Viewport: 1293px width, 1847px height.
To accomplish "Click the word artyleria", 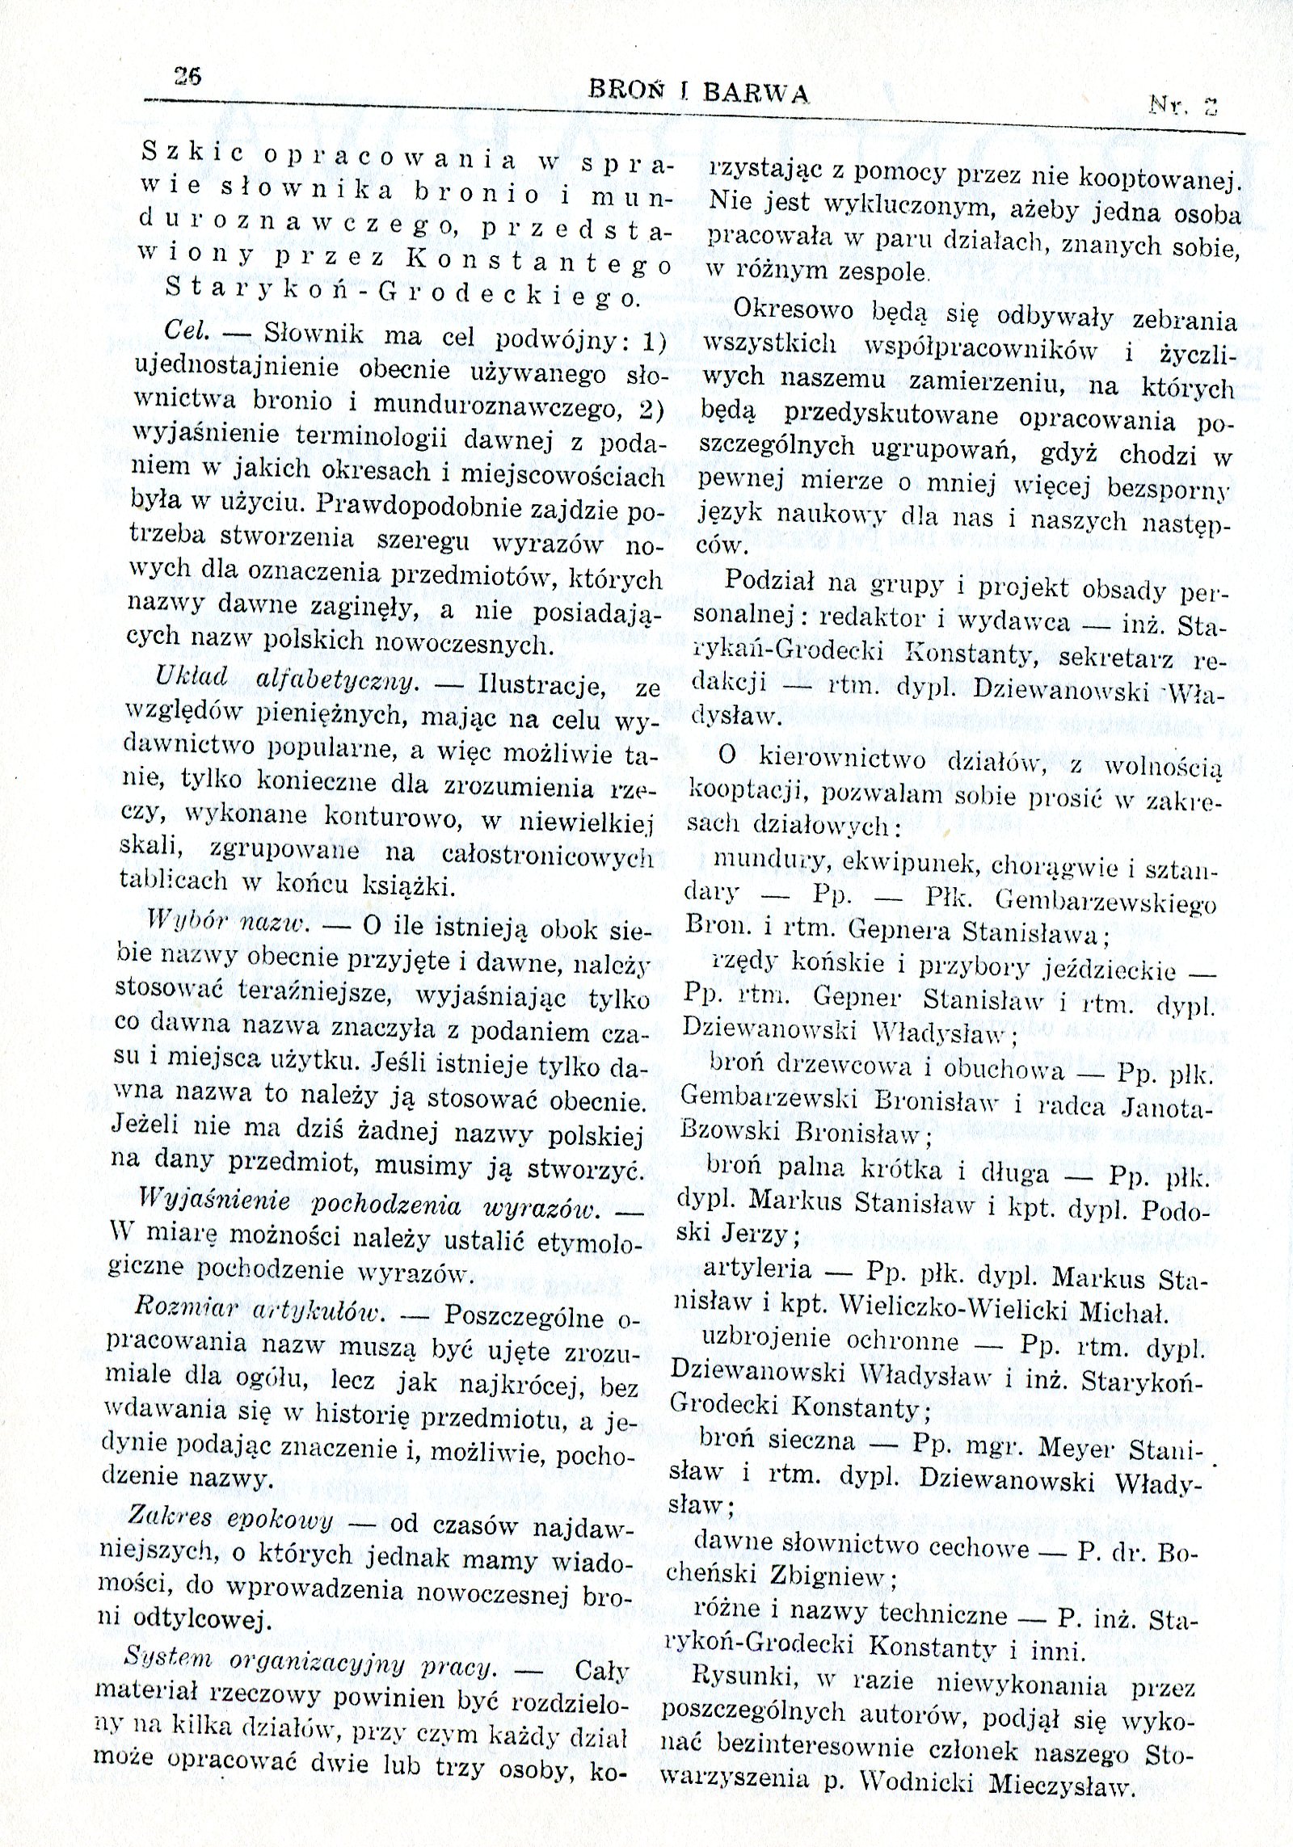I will [x=757, y=1268].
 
